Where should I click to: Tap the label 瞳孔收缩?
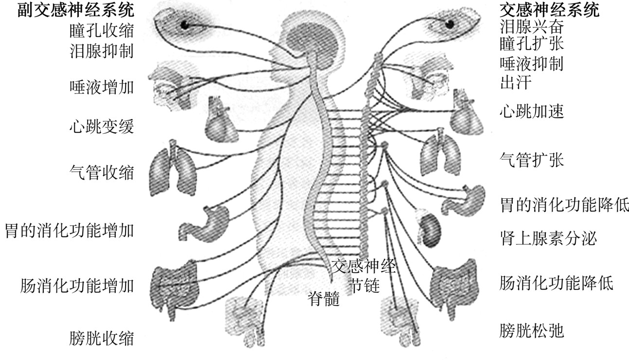click(x=101, y=31)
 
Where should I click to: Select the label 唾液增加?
click(x=101, y=88)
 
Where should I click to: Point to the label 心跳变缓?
click(x=101, y=127)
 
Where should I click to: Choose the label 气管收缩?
click(x=101, y=172)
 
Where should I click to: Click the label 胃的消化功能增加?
click(x=69, y=230)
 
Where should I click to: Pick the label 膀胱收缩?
click(x=101, y=338)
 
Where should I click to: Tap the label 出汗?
click(x=516, y=82)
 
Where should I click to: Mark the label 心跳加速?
click(x=532, y=112)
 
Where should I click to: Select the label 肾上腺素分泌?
click(x=548, y=238)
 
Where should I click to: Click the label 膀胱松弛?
click(x=532, y=331)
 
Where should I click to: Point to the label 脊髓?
click(x=323, y=298)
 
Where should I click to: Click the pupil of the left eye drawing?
click(x=185, y=24)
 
